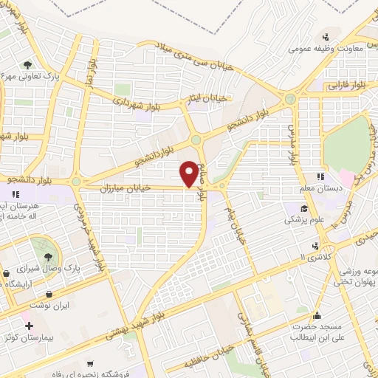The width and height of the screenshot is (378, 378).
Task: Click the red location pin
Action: click(x=190, y=173)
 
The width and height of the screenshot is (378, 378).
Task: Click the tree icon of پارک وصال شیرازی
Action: click(x=49, y=256)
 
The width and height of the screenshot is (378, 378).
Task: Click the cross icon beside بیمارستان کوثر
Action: click(x=29, y=326)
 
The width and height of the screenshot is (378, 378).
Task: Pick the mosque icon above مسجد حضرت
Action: click(x=318, y=315)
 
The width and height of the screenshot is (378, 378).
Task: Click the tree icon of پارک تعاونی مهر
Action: click(x=27, y=64)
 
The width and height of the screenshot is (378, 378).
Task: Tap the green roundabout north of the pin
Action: click(x=196, y=139)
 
